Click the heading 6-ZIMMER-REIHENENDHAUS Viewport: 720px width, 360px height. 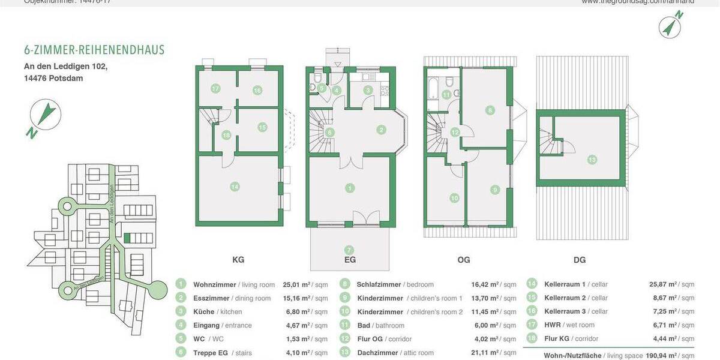click(x=94, y=50)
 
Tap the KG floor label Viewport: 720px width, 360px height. click(x=238, y=260)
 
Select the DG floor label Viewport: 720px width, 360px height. click(x=580, y=260)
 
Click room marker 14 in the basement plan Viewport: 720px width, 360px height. click(x=235, y=187)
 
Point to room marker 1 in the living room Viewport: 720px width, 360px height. click(x=350, y=188)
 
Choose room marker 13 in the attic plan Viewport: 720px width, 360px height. click(x=592, y=160)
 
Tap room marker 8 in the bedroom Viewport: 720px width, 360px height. click(x=490, y=110)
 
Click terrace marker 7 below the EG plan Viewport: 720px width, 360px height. click(x=349, y=250)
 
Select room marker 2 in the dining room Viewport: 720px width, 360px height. click(x=380, y=129)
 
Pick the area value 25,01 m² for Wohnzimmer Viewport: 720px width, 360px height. click(x=296, y=284)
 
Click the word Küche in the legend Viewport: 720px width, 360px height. click(x=203, y=311)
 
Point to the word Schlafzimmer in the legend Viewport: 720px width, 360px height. click(x=380, y=284)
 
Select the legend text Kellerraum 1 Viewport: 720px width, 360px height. click(x=565, y=284)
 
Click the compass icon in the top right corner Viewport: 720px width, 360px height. click(x=670, y=26)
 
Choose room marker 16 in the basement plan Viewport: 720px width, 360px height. click(x=257, y=90)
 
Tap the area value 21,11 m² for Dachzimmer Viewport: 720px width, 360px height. click(x=485, y=353)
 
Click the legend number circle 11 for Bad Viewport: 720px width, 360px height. click(x=344, y=325)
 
